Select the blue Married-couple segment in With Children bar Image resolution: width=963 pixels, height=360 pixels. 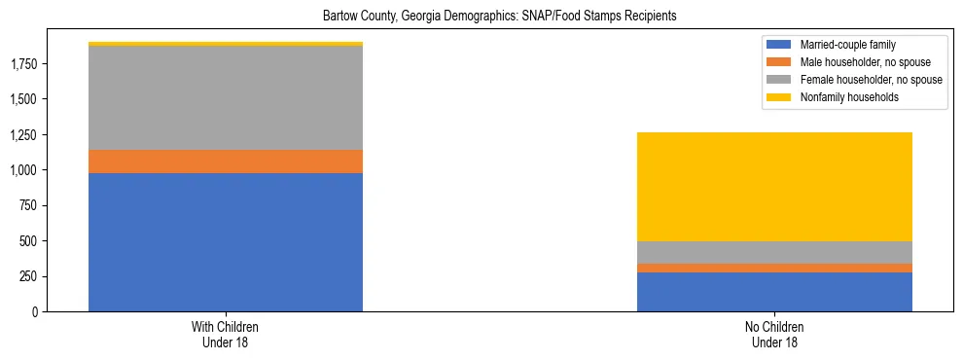(x=226, y=242)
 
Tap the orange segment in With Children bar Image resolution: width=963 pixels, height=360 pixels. (x=226, y=162)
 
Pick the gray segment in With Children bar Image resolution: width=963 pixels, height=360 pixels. (x=226, y=98)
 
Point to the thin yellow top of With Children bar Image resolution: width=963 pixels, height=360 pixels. (x=226, y=44)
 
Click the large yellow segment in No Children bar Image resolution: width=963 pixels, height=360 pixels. (x=774, y=187)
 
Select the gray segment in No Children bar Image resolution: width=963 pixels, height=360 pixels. (x=774, y=252)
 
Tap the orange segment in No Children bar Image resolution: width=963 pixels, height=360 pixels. (x=774, y=268)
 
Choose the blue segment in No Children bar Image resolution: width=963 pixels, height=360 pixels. (x=774, y=292)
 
